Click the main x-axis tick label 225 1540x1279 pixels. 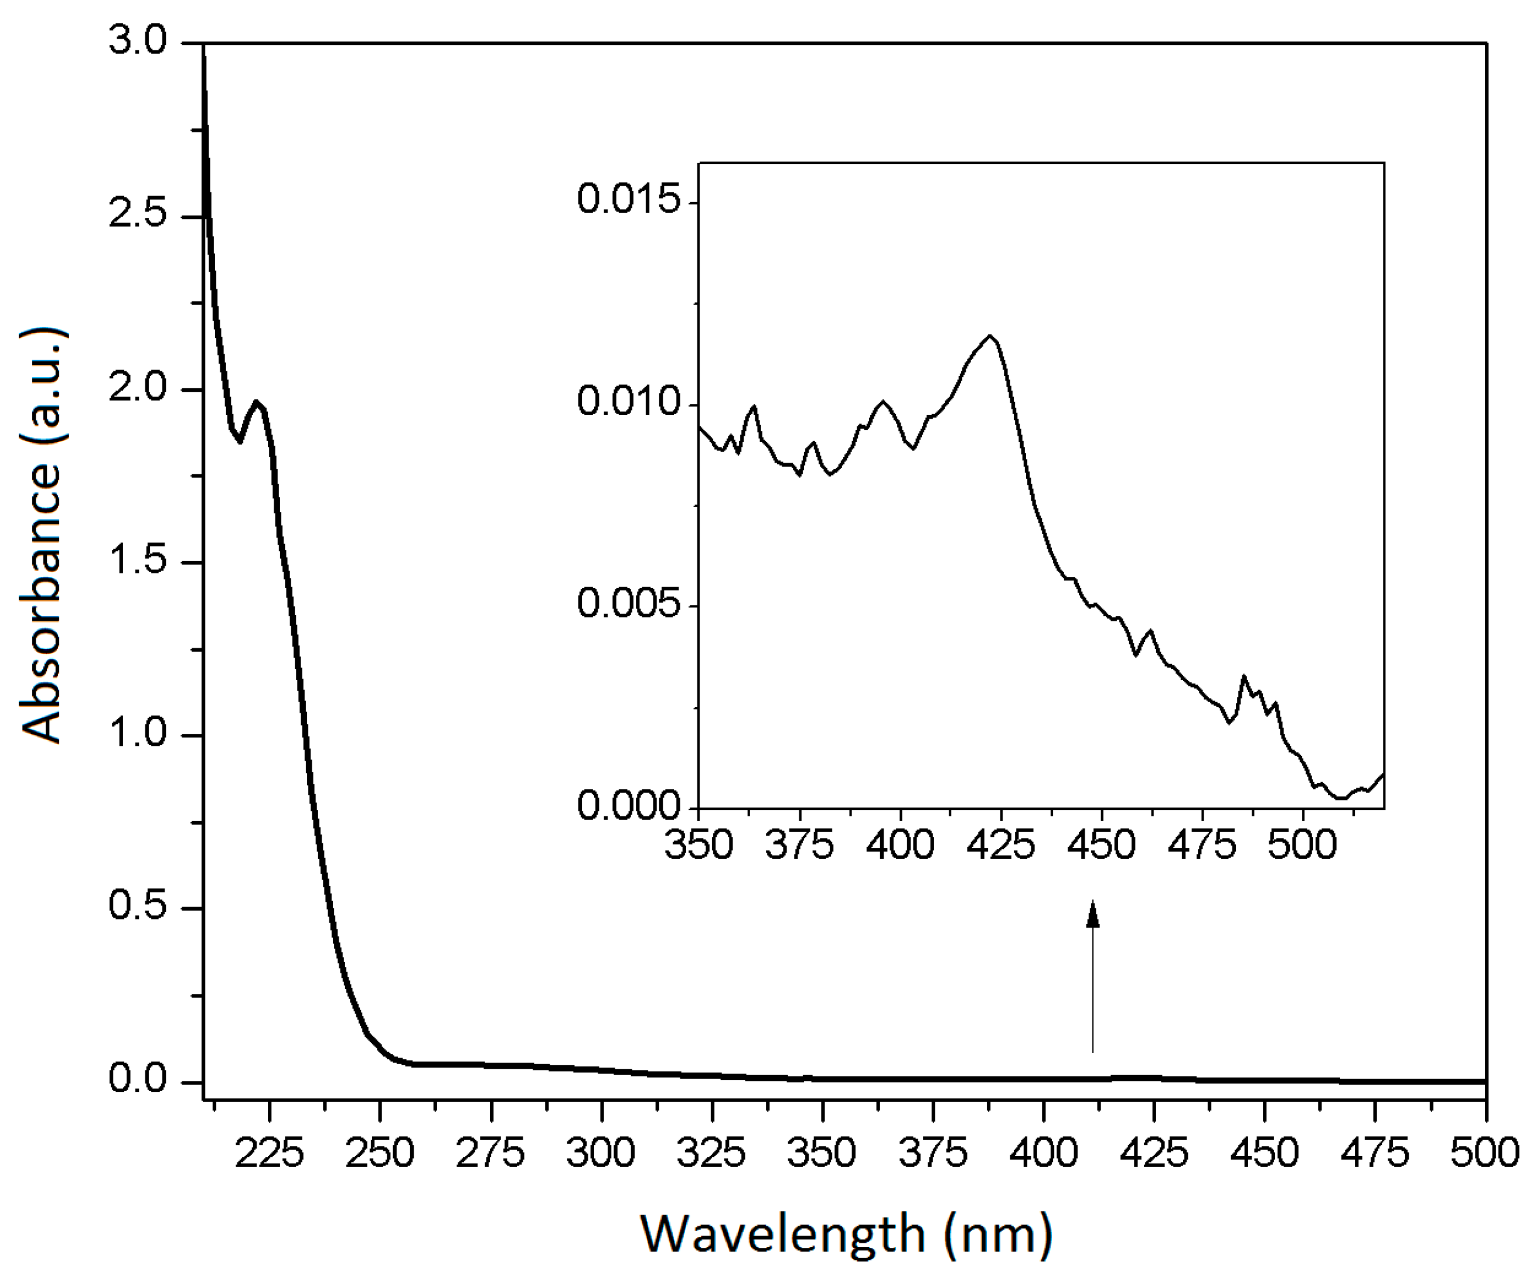[269, 1153]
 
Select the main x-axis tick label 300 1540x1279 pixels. [601, 1153]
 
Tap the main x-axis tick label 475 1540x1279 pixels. [1375, 1153]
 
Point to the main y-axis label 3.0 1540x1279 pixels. [138, 40]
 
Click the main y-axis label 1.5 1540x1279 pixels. [138, 560]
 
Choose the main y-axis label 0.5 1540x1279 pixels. [138, 907]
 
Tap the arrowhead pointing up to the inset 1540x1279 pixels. [1093, 915]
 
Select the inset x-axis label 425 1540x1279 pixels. [1001, 845]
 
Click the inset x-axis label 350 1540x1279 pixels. [699, 845]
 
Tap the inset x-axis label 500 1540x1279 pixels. [1303, 845]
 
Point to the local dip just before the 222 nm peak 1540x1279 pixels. [240, 441]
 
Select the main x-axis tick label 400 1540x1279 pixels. [1044, 1153]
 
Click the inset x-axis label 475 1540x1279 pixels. [1202, 845]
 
